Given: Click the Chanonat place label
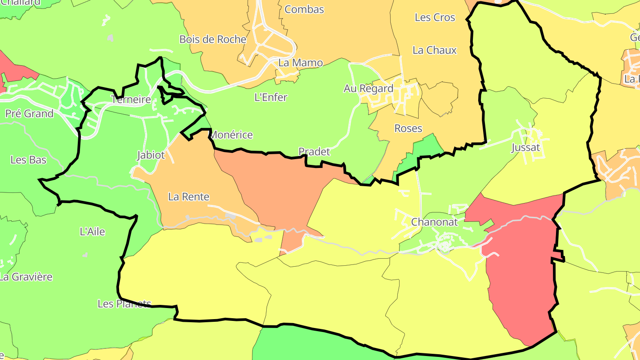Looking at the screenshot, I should [x=434, y=222].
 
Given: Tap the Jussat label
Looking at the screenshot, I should [x=525, y=148].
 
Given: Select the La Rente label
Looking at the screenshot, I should [x=188, y=196].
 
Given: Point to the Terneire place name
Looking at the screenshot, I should [x=131, y=100].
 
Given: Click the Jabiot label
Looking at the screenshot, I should [x=151, y=155].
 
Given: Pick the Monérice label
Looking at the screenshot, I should [x=231, y=135].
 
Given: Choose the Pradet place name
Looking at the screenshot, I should [x=314, y=152].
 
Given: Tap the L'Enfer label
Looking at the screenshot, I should [x=271, y=97].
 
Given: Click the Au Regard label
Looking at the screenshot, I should [x=368, y=88].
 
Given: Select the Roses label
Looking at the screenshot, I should [x=408, y=128].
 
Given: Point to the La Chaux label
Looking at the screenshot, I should [x=434, y=50].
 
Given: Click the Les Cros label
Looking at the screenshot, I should [x=435, y=17].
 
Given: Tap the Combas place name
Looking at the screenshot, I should [x=304, y=9].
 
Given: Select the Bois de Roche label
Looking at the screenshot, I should [x=212, y=39].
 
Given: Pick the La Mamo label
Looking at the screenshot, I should [x=300, y=63].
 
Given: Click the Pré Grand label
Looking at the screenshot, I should [x=29, y=113].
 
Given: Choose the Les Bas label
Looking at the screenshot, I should [x=28, y=160].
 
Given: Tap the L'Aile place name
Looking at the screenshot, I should [x=92, y=231].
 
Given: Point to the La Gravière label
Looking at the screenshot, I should [x=26, y=277].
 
